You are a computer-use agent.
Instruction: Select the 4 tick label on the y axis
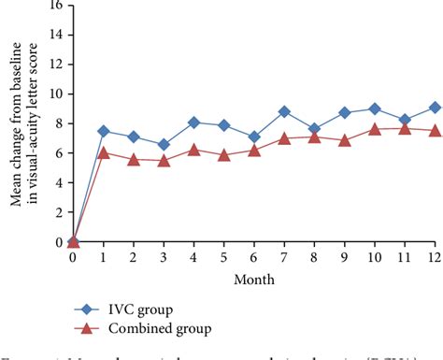[58, 183]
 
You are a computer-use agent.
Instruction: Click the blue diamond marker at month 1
[104, 132]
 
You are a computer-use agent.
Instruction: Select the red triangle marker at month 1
[104, 152]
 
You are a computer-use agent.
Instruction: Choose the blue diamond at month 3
[164, 145]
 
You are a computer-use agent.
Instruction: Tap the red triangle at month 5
[224, 155]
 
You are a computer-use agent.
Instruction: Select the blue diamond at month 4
[194, 122]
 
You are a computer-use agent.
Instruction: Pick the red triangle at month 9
[345, 140]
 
